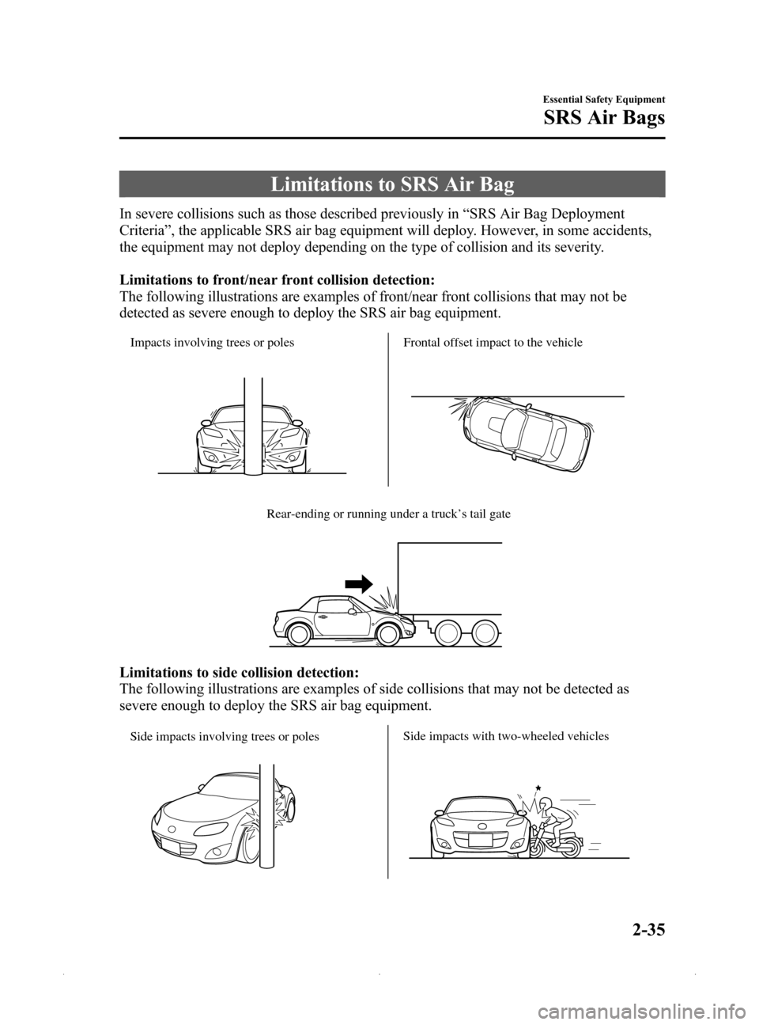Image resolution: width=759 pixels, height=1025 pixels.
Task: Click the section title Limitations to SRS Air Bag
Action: click(x=392, y=185)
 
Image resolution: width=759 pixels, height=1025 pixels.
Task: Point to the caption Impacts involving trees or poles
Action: click(x=213, y=343)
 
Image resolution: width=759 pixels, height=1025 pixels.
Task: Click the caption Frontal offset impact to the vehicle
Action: click(x=493, y=343)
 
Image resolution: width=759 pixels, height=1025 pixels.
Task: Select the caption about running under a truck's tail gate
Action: click(x=388, y=514)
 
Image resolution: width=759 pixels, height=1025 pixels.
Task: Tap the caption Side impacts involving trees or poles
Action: click(x=225, y=736)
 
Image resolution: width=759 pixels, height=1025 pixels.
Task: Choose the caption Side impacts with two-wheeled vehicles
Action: click(x=506, y=736)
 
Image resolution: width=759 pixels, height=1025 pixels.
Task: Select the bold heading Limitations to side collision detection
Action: click(x=239, y=672)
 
